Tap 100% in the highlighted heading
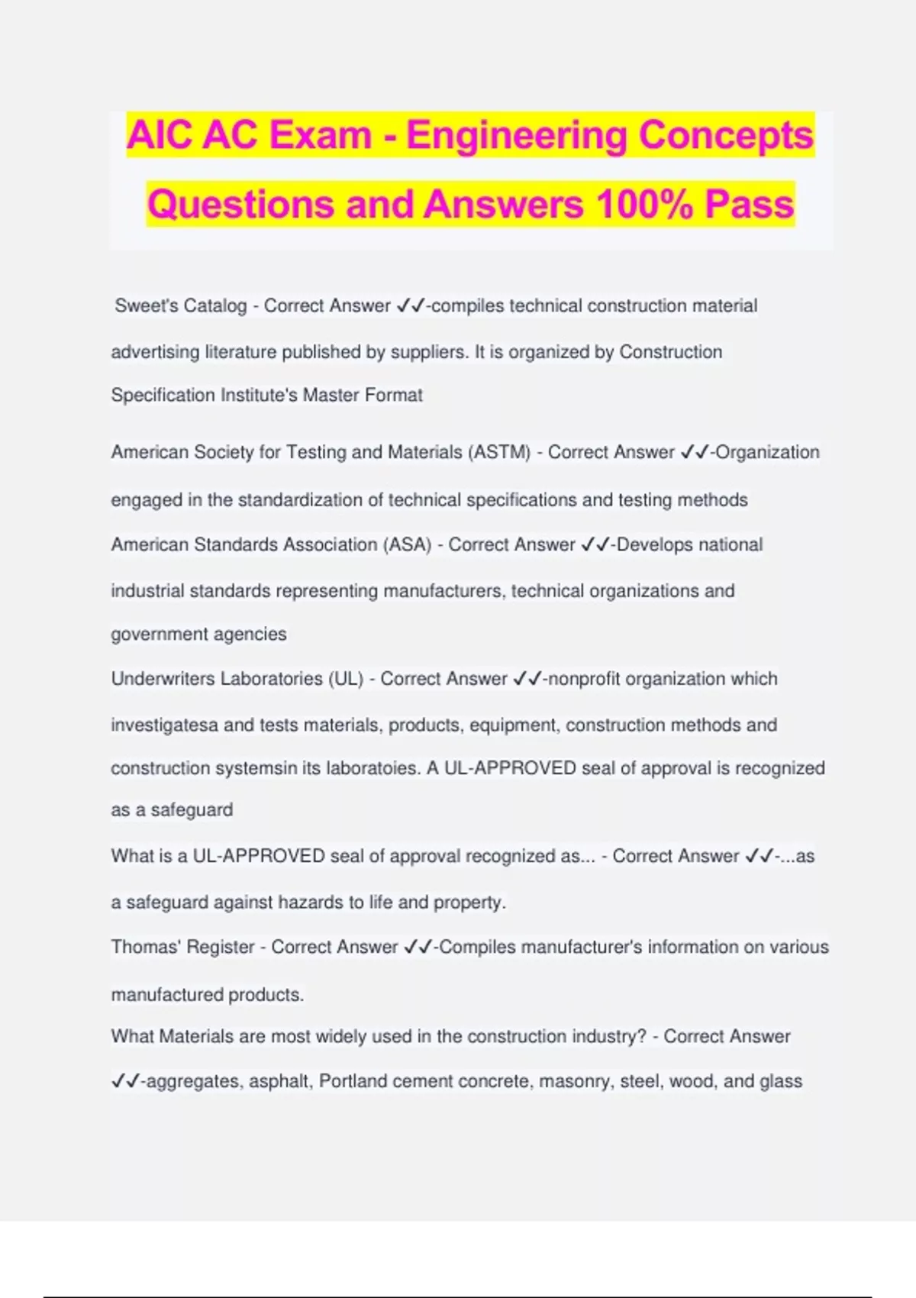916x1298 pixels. (x=644, y=205)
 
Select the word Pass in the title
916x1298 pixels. (x=750, y=205)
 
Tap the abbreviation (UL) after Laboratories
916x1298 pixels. (x=346, y=679)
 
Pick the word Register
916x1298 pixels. (x=220, y=947)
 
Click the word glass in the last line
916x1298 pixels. (x=781, y=1081)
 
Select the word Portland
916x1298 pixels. (x=353, y=1081)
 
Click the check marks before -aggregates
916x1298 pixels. (x=125, y=1081)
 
